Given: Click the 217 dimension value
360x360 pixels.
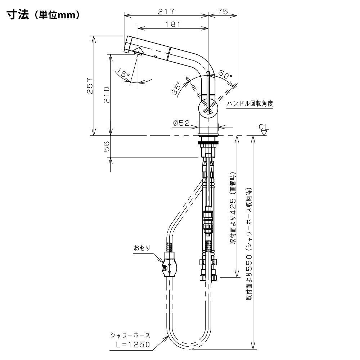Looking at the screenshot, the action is click(166, 11).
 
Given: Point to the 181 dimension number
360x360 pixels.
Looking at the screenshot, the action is click(173, 24).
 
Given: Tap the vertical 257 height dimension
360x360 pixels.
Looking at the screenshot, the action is click(90, 86).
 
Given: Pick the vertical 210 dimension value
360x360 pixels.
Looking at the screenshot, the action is click(107, 95).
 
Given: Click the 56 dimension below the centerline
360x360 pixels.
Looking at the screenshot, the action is click(107, 146).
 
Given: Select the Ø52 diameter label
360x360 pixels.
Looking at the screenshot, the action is click(181, 123).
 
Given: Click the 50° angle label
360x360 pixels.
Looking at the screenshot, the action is click(225, 74).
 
